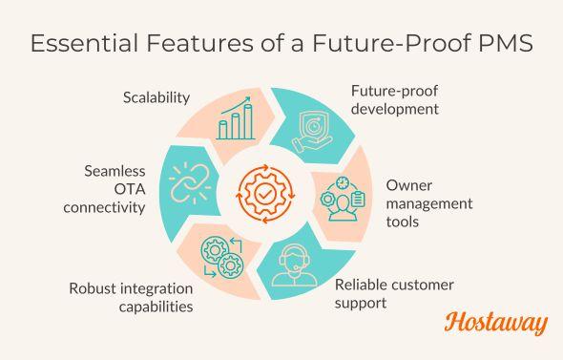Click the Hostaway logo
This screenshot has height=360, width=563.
496,323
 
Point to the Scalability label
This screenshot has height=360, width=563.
156,97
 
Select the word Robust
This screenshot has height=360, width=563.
94,288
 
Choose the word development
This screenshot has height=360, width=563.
394,109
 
